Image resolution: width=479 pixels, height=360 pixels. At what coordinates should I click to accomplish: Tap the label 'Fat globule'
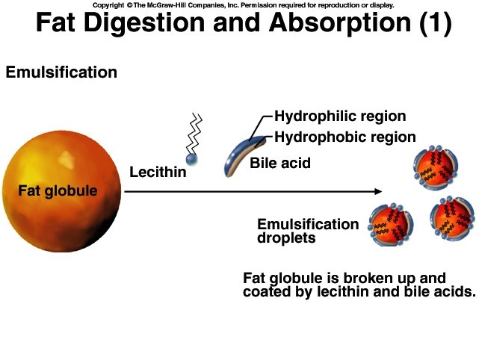[57, 190]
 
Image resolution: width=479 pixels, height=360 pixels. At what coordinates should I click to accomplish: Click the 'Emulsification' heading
[61, 72]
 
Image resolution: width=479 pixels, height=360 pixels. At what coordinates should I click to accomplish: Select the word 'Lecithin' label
[158, 173]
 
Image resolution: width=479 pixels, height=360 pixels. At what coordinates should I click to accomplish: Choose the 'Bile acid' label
[279, 162]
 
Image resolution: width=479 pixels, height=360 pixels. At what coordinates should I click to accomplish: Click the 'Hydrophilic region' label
[340, 116]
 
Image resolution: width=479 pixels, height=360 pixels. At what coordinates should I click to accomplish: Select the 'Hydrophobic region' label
[344, 137]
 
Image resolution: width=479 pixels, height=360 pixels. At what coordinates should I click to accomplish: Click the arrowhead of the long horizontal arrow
[378, 192]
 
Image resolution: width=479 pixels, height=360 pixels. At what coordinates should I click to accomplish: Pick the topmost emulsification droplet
[434, 168]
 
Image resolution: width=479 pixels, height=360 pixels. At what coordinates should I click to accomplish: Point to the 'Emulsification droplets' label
[307, 231]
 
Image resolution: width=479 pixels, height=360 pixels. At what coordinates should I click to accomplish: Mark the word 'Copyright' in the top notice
[108, 4]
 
